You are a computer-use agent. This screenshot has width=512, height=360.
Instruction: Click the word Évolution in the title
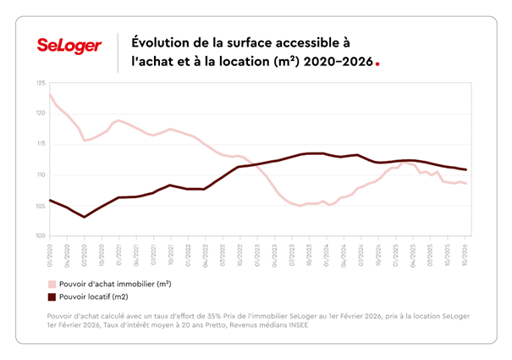coord(160,42)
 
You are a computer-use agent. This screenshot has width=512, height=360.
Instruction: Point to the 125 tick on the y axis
coord(41,83)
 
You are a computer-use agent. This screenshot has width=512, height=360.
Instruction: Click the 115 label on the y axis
coord(41,144)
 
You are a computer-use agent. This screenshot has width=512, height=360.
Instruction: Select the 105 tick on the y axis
coord(41,205)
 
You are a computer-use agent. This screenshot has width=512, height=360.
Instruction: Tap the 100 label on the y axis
coord(41,236)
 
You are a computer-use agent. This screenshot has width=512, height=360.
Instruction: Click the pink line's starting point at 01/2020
coord(50,95)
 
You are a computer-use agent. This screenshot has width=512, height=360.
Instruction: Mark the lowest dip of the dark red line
coord(85,217)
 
